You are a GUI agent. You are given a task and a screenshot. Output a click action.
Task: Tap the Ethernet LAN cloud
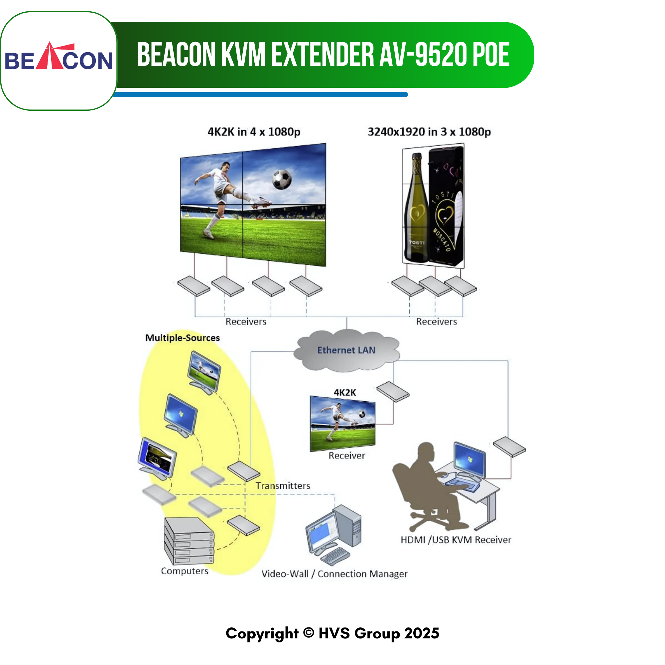[346, 350]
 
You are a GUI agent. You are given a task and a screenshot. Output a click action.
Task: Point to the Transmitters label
[283, 486]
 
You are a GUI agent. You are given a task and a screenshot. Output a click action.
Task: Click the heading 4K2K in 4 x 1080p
[254, 132]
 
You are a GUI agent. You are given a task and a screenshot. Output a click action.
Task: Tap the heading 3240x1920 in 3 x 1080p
[429, 132]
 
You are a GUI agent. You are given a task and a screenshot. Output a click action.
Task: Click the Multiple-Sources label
[183, 338]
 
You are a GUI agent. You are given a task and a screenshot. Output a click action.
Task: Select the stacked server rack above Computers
[189, 541]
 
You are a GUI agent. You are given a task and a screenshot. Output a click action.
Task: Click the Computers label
[185, 571]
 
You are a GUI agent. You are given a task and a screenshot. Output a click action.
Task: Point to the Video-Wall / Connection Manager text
[334, 574]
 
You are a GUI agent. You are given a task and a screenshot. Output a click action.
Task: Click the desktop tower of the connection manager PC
[347, 526]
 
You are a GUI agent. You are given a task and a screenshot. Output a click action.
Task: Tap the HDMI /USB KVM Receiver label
[456, 539]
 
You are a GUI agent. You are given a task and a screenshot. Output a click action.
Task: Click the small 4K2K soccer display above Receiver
[343, 423]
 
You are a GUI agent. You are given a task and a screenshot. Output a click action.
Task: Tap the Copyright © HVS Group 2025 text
[332, 633]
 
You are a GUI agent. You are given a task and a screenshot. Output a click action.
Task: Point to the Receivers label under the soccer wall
[246, 322]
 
